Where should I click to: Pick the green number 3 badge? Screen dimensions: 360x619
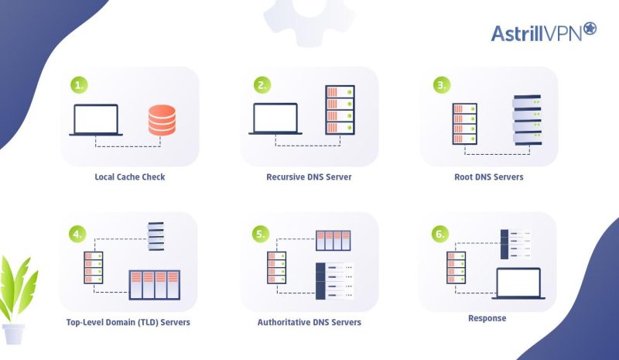pyautogui.click(x=441, y=84)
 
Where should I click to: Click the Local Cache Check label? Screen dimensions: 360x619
pyautogui.click(x=130, y=177)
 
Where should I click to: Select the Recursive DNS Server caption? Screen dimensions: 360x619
pyautogui.click(x=309, y=177)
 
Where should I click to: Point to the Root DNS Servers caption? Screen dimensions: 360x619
pyautogui.click(x=488, y=177)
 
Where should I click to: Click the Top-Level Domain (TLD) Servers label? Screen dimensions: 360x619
pyautogui.click(x=130, y=322)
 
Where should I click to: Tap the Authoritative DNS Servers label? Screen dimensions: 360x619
pyautogui.click(x=309, y=322)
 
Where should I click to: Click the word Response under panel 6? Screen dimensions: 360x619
pyautogui.click(x=488, y=317)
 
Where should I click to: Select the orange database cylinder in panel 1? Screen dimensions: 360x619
pyautogui.click(x=162, y=120)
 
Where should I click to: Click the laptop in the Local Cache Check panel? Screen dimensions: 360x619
pyautogui.click(x=96, y=120)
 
